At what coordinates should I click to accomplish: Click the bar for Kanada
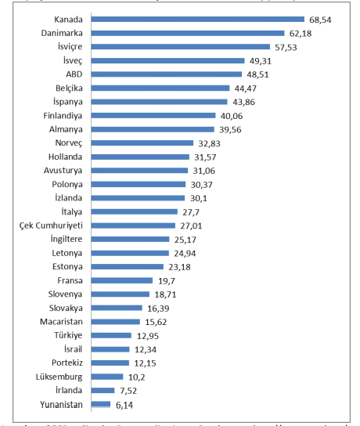tap(198, 19)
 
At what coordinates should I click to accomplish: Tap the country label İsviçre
tap(68, 46)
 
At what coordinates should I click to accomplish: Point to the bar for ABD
tap(167, 74)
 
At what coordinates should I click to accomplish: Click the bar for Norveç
tap(142, 143)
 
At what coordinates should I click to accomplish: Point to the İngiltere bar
tap(131, 239)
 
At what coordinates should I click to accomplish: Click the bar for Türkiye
tap(111, 335)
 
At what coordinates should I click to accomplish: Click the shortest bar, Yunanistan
tap(101, 404)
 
